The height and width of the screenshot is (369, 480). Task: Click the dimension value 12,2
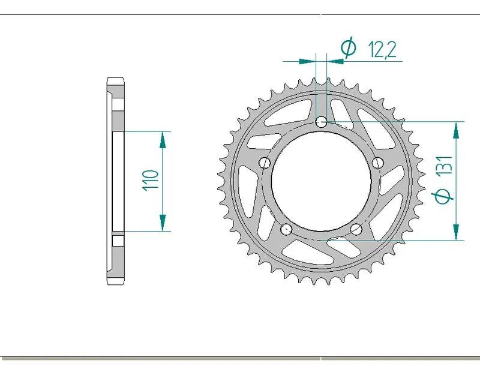382,50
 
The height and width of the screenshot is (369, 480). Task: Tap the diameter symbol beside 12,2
349,48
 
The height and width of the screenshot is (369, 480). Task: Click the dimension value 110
151,180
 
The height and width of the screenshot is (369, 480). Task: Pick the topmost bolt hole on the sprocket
322,122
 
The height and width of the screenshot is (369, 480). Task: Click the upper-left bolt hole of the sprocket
264,163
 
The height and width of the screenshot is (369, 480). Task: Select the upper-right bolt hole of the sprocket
378,163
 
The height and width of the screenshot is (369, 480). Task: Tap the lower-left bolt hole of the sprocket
286,229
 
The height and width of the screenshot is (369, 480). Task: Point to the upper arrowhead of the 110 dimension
162,139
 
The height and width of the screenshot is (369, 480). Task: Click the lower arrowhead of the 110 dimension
162,223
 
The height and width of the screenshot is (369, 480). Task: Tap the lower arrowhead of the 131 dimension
457,232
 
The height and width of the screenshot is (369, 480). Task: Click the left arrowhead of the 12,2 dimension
308,61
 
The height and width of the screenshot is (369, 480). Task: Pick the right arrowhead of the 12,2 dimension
334,61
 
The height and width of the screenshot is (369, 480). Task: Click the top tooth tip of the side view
116,79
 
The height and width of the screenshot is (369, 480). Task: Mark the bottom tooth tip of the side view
116,283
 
